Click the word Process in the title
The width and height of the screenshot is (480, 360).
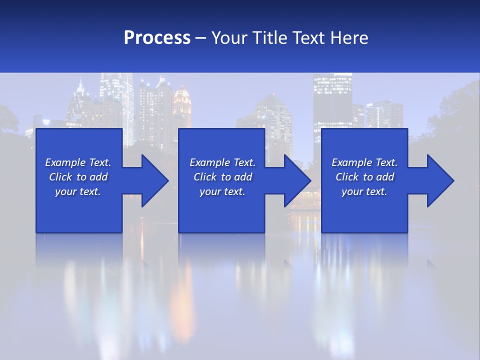157,38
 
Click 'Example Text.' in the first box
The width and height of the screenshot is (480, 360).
78,162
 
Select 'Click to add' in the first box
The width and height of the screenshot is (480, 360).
78,177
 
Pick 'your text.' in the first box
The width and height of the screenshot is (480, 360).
78,191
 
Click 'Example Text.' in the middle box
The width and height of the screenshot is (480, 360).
222,162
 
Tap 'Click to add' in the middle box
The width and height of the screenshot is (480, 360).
222,177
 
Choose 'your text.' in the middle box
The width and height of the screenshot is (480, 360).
222,191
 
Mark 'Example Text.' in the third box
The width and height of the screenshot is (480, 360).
364,162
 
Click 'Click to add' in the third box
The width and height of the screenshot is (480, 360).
364,177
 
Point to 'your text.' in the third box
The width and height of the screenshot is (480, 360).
364,191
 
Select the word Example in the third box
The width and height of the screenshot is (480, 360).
352,162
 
